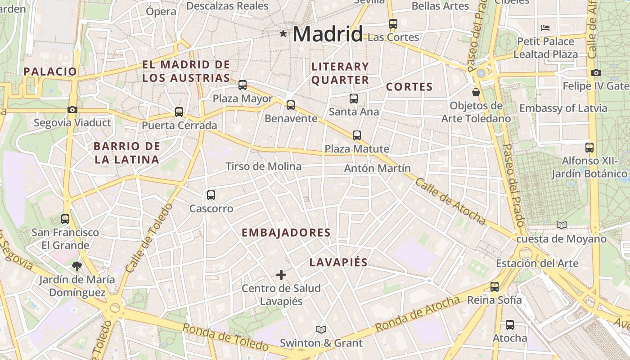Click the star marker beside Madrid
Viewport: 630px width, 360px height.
[283, 33]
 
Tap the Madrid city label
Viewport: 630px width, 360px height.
[328, 34]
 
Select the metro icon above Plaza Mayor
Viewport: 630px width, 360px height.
[243, 85]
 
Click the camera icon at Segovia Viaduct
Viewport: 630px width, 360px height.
[72, 109]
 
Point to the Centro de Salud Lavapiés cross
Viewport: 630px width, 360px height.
[281, 274]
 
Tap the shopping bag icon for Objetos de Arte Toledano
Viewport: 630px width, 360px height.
[476, 93]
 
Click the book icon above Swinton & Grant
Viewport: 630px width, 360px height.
[321, 330]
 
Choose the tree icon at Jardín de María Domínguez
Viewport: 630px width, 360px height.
[76, 266]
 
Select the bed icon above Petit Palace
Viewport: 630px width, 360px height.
[545, 28]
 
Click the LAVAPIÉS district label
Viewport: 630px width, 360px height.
[338, 263]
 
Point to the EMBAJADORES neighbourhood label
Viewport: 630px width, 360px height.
[286, 233]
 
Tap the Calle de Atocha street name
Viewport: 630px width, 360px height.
[450, 201]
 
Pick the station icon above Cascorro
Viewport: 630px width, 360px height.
[211, 195]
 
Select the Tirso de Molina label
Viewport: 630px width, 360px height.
[264, 166]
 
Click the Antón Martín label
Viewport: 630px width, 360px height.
[377, 168]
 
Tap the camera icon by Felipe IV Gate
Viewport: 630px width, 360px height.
[596, 72]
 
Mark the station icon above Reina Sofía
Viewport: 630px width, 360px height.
[495, 287]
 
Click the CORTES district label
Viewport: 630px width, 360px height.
[409, 87]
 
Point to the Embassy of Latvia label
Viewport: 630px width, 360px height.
[563, 108]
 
